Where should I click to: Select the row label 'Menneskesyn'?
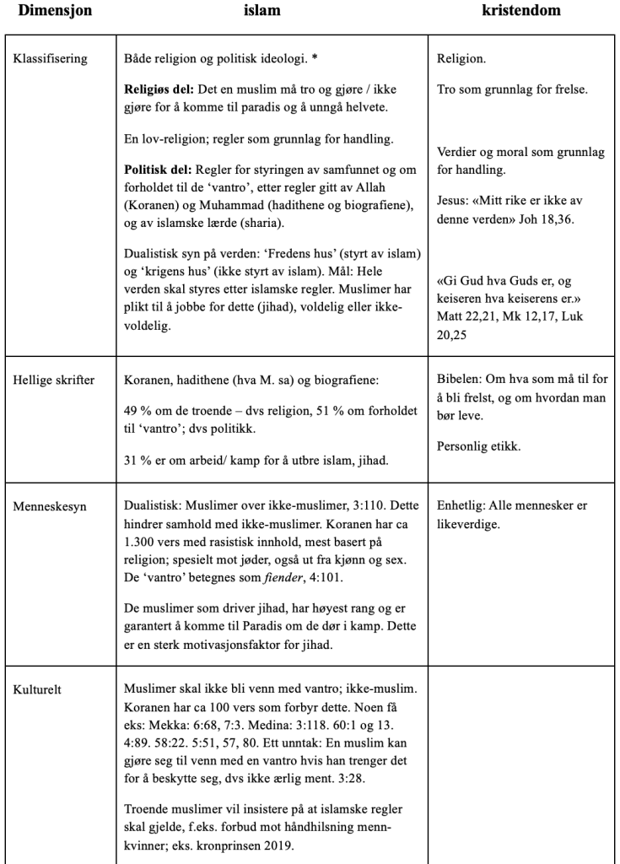click(48, 507)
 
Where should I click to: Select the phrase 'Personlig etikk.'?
click(478, 446)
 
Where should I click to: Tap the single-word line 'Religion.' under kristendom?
click(461, 62)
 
